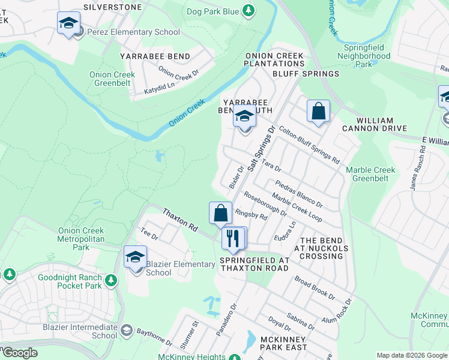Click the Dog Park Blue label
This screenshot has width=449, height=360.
coord(213,11)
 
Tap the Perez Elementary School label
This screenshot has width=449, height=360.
coord(133,32)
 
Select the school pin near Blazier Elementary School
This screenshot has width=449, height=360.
coord(135,257)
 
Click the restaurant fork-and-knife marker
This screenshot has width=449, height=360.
coord(232,238)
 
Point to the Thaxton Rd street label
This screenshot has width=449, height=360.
coord(180,220)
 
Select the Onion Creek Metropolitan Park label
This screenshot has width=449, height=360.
coord(81,239)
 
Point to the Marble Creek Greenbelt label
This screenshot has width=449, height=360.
coord(370,174)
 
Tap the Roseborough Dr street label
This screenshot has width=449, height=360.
coord(265,204)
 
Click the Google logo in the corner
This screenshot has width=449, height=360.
coord(19,353)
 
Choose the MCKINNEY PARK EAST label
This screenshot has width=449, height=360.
coord(284,343)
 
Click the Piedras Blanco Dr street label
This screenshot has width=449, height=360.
coord(298,193)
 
